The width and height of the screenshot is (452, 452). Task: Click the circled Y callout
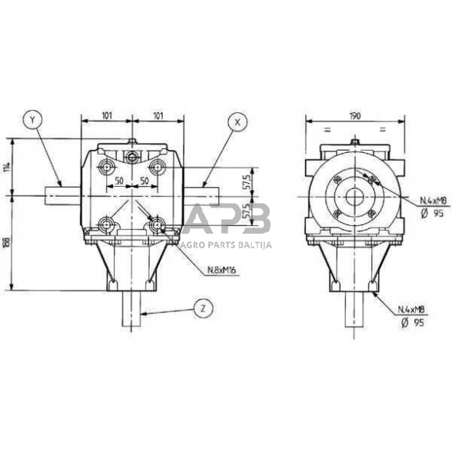point(32,121)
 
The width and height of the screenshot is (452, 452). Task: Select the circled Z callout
point(203,309)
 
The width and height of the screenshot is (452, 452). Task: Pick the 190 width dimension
point(354,115)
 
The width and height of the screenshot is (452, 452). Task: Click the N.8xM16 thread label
point(221,271)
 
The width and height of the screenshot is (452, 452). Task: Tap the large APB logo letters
point(230,220)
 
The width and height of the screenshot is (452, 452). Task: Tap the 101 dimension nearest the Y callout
point(106,115)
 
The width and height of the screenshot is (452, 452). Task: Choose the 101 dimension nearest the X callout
point(158,115)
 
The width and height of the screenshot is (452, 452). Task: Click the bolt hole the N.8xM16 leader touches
point(158,225)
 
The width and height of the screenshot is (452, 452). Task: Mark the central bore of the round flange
point(354,197)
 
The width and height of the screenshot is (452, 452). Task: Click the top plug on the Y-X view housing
point(132,142)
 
